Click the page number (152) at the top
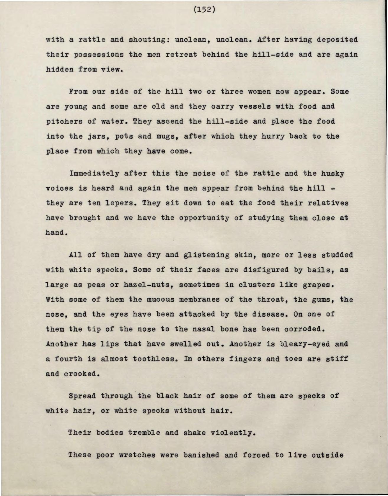pos(204,10)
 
